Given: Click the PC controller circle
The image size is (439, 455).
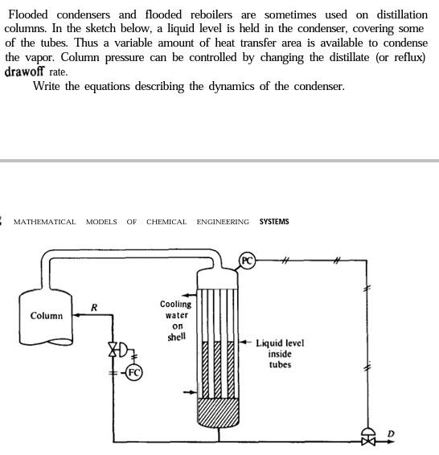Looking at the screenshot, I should tap(248, 260).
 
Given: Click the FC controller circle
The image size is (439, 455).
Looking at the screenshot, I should tap(134, 372).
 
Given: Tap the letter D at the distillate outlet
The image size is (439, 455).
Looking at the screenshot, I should tap(391, 434).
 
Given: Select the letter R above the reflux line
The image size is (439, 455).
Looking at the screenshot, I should tap(94, 307).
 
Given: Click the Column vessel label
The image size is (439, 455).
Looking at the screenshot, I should tap(46, 316).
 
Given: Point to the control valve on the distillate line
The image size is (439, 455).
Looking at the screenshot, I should tap(368, 437).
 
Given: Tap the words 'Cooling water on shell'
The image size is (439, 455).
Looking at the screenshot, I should tap(176, 321).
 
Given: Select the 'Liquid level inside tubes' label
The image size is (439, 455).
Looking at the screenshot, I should tap(280, 354).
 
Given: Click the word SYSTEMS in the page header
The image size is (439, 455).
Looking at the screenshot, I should tap(274, 222).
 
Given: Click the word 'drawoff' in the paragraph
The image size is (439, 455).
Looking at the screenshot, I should tap(23, 72).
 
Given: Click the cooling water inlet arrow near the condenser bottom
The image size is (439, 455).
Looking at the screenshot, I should tap(190, 392).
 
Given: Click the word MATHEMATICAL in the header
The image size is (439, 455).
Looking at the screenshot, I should tap(45, 222).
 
